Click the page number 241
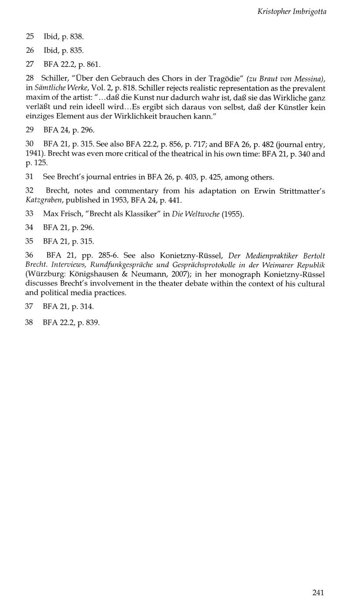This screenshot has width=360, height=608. point(318,593)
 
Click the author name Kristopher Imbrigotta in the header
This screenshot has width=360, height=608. point(292,12)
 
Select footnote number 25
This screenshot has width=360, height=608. point(30,36)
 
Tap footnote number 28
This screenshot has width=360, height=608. point(30,78)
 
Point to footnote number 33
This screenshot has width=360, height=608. point(30,214)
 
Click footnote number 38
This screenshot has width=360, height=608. point(30,322)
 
